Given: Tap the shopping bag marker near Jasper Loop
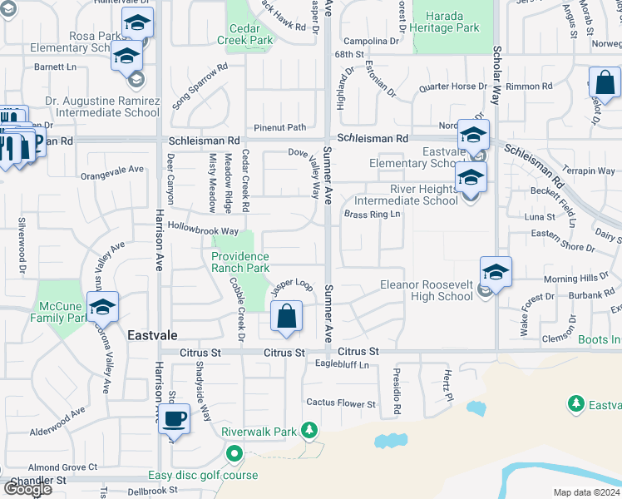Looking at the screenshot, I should click(286, 317).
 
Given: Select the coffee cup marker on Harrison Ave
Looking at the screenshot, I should click(174, 418).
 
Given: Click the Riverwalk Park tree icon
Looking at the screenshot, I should click(309, 429).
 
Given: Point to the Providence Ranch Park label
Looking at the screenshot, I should click(240, 262).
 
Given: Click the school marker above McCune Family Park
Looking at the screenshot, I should click(102, 308).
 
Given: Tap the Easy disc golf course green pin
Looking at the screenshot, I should click(234, 454).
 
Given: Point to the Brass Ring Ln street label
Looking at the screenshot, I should click(373, 215).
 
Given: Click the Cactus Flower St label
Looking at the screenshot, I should click(341, 403).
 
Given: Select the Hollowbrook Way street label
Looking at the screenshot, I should click(204, 230).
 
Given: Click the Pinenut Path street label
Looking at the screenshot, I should click(280, 127).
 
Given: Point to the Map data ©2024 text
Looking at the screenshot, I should click(587, 492).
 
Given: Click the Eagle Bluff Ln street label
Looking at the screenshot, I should click(341, 363).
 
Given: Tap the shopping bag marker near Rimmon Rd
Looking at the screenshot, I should click(605, 83).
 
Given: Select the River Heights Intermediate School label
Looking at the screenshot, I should click(406, 195).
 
